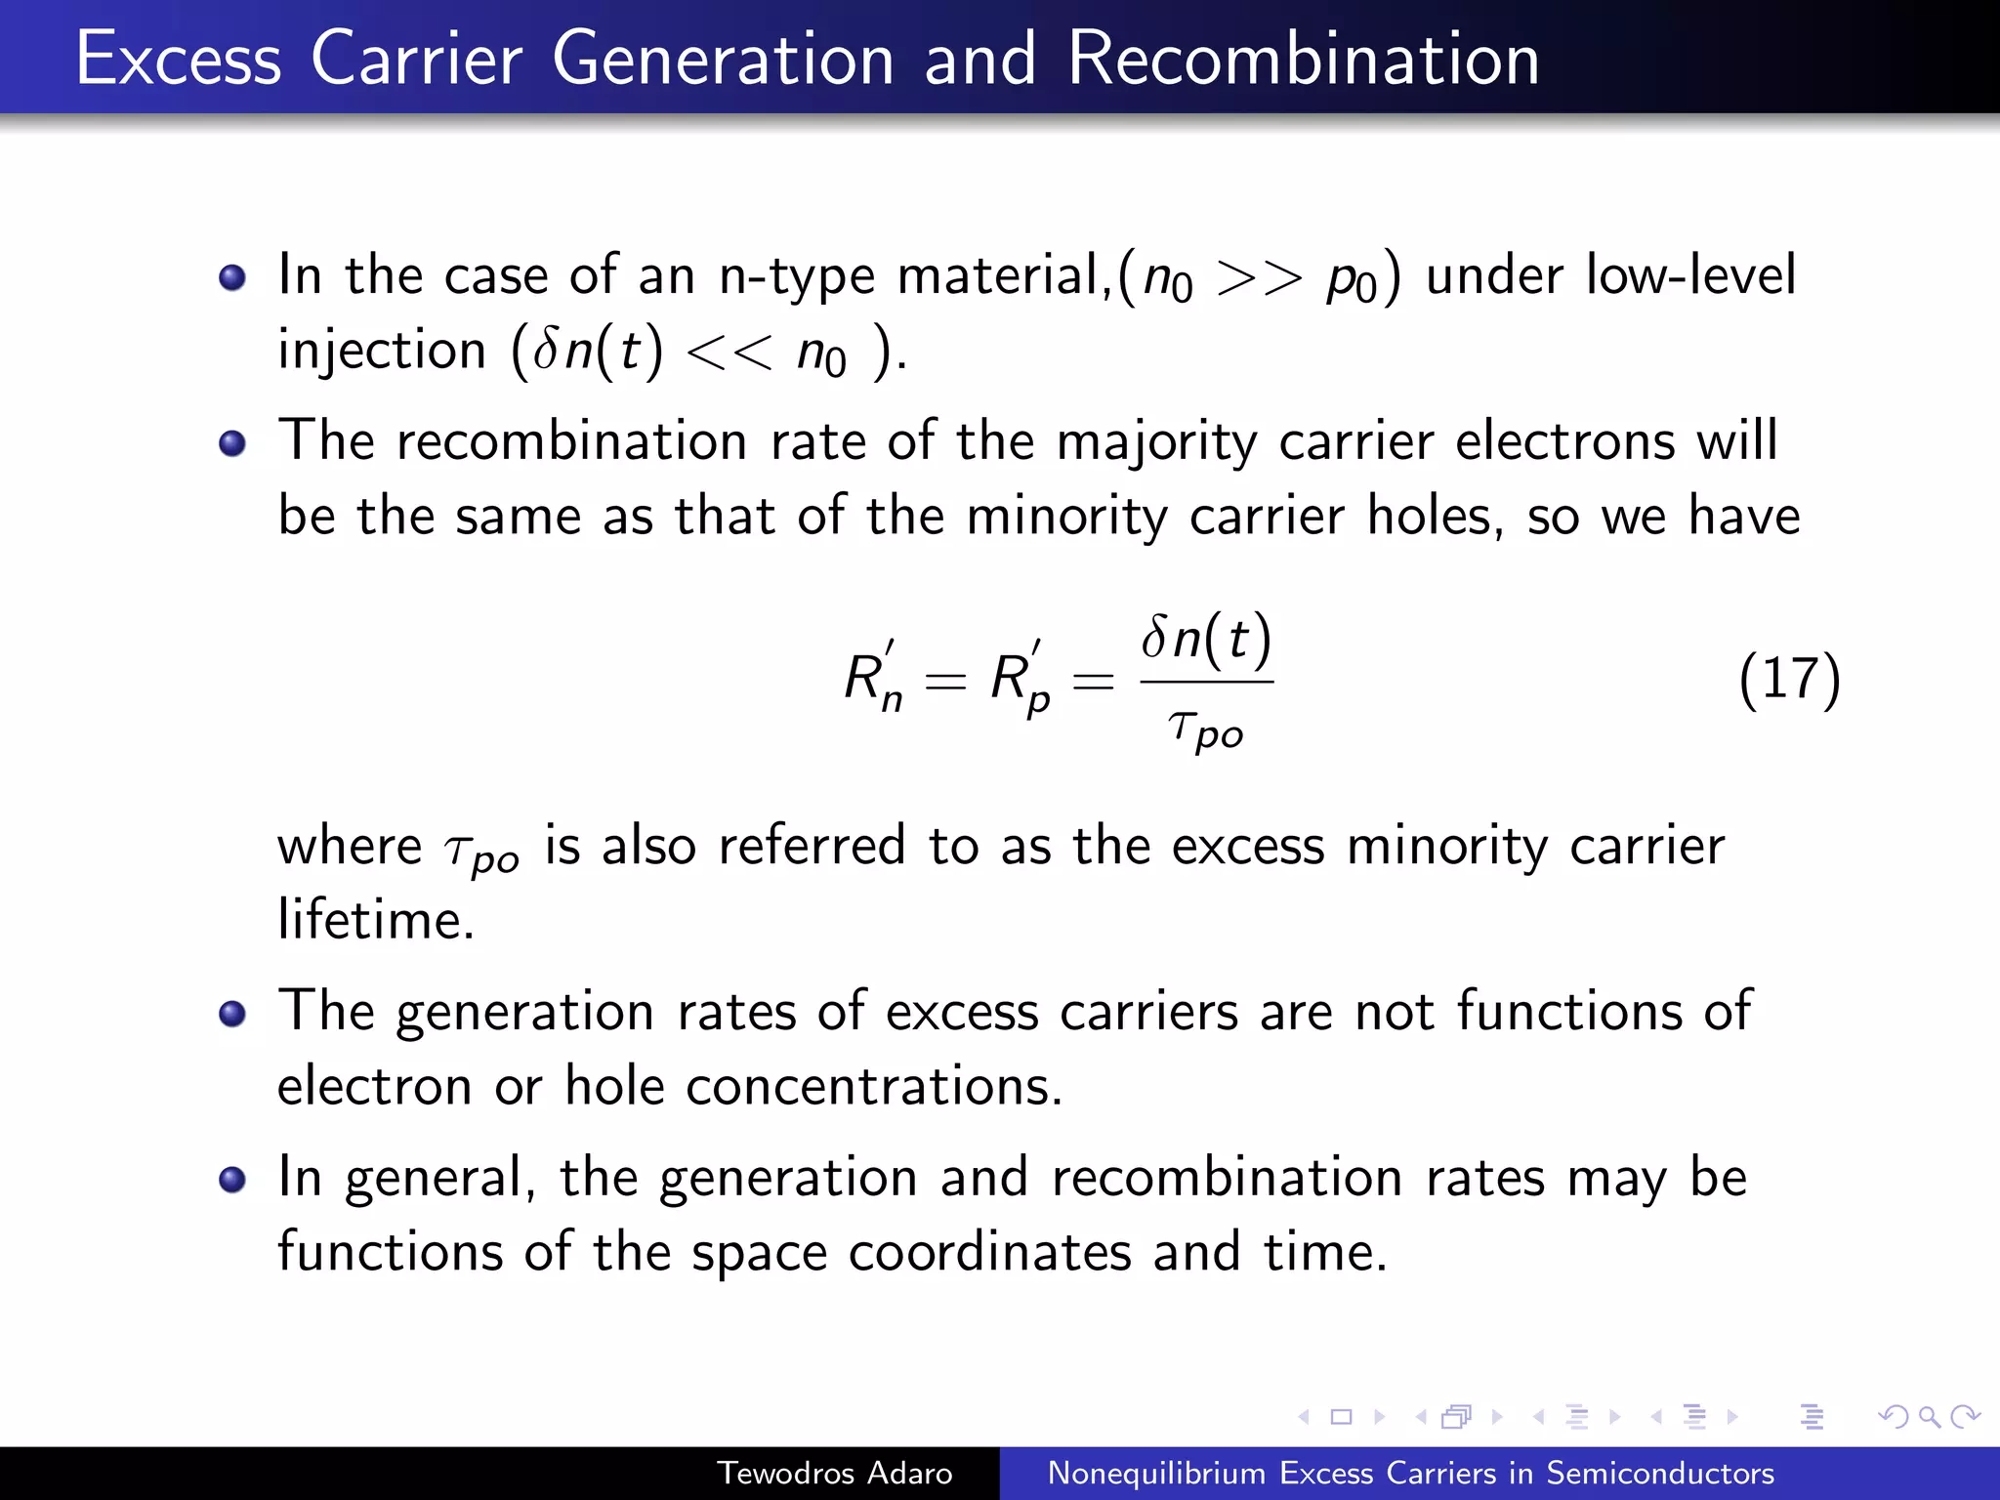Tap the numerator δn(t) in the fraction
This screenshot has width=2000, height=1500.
(x=1206, y=639)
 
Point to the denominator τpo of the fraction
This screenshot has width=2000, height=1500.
(x=1206, y=729)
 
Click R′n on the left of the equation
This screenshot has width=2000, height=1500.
(x=873, y=679)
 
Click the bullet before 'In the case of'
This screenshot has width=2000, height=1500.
(x=232, y=278)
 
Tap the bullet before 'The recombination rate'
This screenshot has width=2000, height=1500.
(x=232, y=444)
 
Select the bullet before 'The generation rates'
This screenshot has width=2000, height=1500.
(x=232, y=1015)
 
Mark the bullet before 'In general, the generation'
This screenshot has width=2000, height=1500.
(x=232, y=1181)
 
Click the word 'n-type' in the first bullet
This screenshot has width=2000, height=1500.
(x=796, y=276)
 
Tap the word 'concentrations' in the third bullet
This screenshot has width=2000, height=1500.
(x=873, y=1086)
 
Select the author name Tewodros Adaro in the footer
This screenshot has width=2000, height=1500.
(x=835, y=1473)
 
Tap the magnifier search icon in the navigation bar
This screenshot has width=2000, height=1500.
(x=1929, y=1416)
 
